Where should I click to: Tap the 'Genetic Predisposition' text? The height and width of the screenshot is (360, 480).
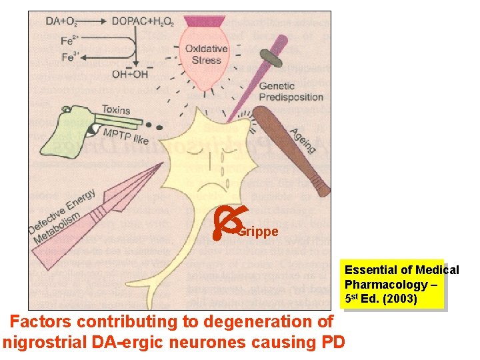pos(290,91)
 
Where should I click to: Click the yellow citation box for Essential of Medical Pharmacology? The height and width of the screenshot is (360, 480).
pos(393,285)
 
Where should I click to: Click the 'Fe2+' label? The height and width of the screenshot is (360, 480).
pos(71,40)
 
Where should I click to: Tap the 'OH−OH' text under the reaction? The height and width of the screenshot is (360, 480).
pos(130,74)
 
